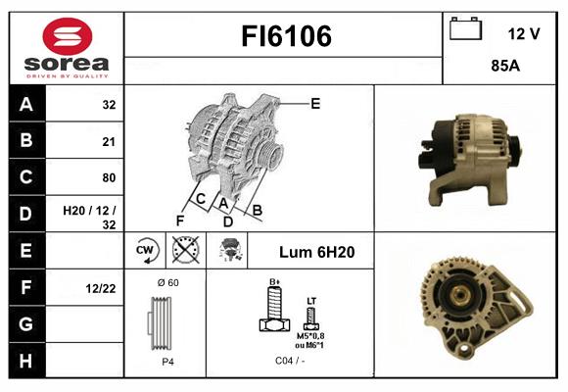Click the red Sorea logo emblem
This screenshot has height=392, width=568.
pyautogui.click(x=68, y=36)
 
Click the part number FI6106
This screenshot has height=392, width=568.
pyautogui.click(x=286, y=36)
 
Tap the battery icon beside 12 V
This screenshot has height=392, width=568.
pyautogui.click(x=466, y=28)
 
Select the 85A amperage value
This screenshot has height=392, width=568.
pyautogui.click(x=505, y=66)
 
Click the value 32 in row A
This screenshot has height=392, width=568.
pyautogui.click(x=109, y=105)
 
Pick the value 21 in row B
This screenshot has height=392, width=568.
pyautogui.click(x=109, y=141)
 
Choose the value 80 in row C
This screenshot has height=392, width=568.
pyautogui.click(x=109, y=177)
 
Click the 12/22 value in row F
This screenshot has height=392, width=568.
pyautogui.click(x=101, y=289)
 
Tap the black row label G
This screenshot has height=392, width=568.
pyautogui.click(x=26, y=323)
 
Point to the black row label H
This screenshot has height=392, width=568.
pyautogui.click(x=26, y=361)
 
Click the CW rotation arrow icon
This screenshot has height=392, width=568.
pyautogui.click(x=146, y=250)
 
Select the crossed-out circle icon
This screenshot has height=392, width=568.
pyautogui.click(x=185, y=250)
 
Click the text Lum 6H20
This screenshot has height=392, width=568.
pyautogui.click(x=316, y=252)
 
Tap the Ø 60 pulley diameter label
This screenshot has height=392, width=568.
pyautogui.click(x=168, y=283)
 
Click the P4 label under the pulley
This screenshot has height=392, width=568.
pyautogui.click(x=167, y=362)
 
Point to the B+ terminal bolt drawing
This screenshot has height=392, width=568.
pyautogui.click(x=274, y=309)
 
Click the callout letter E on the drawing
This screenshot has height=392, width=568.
pyautogui.click(x=315, y=104)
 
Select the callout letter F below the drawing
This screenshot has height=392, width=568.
pyautogui.click(x=180, y=220)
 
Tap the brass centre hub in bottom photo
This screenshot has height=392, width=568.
pyautogui.click(x=459, y=294)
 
